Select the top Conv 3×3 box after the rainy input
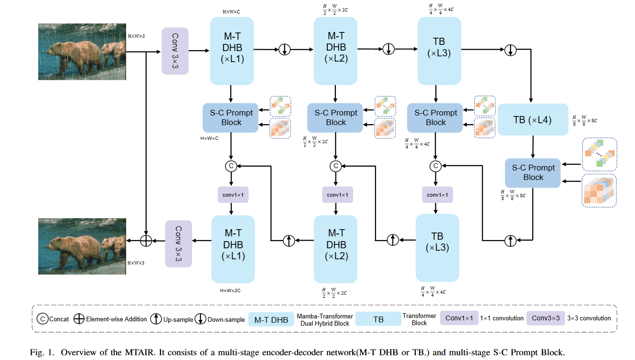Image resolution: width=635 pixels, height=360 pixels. point(175,51)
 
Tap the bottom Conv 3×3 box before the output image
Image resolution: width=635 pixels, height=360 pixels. point(178,244)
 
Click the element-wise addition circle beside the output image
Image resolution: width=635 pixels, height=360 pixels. point(146,241)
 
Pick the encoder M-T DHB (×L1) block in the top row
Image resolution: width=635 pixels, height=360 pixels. point(232,51)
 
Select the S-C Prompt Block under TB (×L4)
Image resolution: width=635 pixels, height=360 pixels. point(533,172)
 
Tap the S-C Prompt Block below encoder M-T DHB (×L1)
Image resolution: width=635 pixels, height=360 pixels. point(231,117)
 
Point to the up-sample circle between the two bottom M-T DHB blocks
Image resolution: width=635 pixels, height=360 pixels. point(289,240)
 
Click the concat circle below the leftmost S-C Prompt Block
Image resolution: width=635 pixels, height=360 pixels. point(231,166)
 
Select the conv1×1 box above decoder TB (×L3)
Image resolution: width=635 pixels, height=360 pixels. point(437,195)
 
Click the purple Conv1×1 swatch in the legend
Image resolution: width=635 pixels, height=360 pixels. point(459,318)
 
